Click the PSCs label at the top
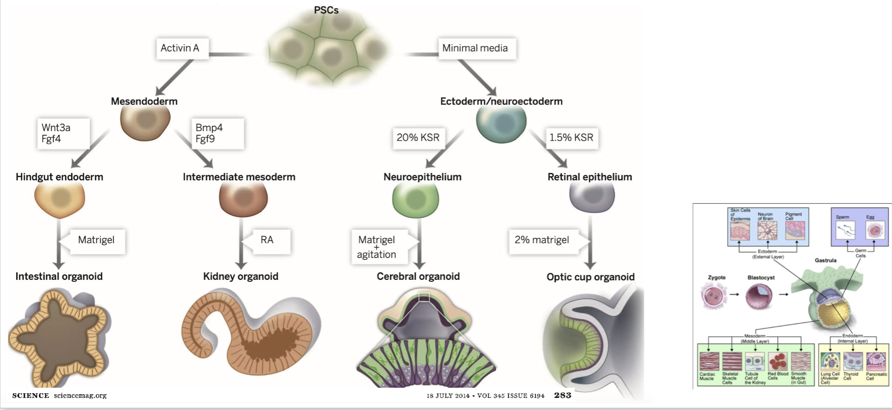point(326,10)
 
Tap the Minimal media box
point(476,48)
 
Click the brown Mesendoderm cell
point(145,121)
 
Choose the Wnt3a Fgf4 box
point(62,133)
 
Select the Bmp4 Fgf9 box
point(217,133)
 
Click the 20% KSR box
point(418,138)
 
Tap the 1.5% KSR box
point(571,138)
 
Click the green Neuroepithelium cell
point(415,199)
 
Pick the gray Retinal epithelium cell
point(592,196)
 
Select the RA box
point(270,240)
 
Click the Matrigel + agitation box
point(378,247)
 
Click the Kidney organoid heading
point(240,277)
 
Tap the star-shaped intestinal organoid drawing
point(60,337)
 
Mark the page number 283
point(562,395)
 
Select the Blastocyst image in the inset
point(759,296)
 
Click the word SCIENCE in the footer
point(31,396)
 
